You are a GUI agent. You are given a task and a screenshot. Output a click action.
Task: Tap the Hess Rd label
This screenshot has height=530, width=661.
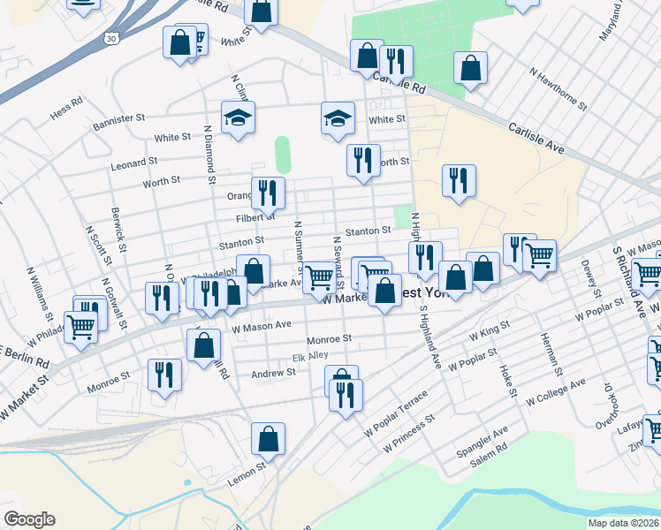[66, 102]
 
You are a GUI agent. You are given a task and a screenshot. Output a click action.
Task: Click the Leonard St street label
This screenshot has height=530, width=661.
[133, 163]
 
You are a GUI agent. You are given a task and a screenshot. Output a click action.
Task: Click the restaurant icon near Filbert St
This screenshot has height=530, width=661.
[267, 192]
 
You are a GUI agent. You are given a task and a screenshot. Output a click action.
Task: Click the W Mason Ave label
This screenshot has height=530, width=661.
[262, 325]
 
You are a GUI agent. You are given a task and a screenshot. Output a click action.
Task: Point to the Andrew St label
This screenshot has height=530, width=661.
[273, 373]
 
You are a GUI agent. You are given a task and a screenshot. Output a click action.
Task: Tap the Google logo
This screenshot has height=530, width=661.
[29, 519]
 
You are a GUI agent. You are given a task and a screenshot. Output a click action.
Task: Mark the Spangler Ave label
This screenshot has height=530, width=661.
[482, 435]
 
